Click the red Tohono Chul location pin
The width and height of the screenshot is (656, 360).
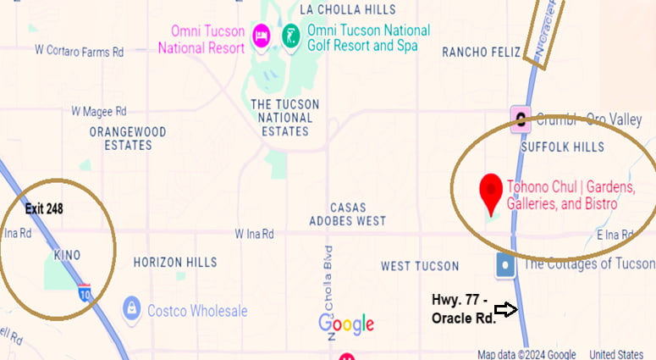[x=489, y=192]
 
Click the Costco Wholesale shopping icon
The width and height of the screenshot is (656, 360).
[x=131, y=307]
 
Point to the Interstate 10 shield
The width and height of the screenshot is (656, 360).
[x=85, y=293]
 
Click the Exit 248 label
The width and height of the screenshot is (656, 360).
[x=44, y=208]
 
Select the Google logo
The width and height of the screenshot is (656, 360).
[x=346, y=324]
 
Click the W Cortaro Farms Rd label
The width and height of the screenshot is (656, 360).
[x=79, y=51]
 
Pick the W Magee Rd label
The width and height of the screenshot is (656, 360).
[x=98, y=111]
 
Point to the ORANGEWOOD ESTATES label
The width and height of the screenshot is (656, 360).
[x=128, y=139]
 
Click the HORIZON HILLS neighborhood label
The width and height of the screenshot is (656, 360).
[x=170, y=263]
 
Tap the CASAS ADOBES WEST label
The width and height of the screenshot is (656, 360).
[x=358, y=214]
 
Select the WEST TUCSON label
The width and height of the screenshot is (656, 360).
[x=420, y=266]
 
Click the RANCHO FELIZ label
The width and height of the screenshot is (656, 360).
[x=482, y=53]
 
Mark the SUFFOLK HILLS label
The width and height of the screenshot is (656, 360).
[x=562, y=147]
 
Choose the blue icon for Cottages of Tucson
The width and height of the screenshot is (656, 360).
[x=505, y=264]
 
